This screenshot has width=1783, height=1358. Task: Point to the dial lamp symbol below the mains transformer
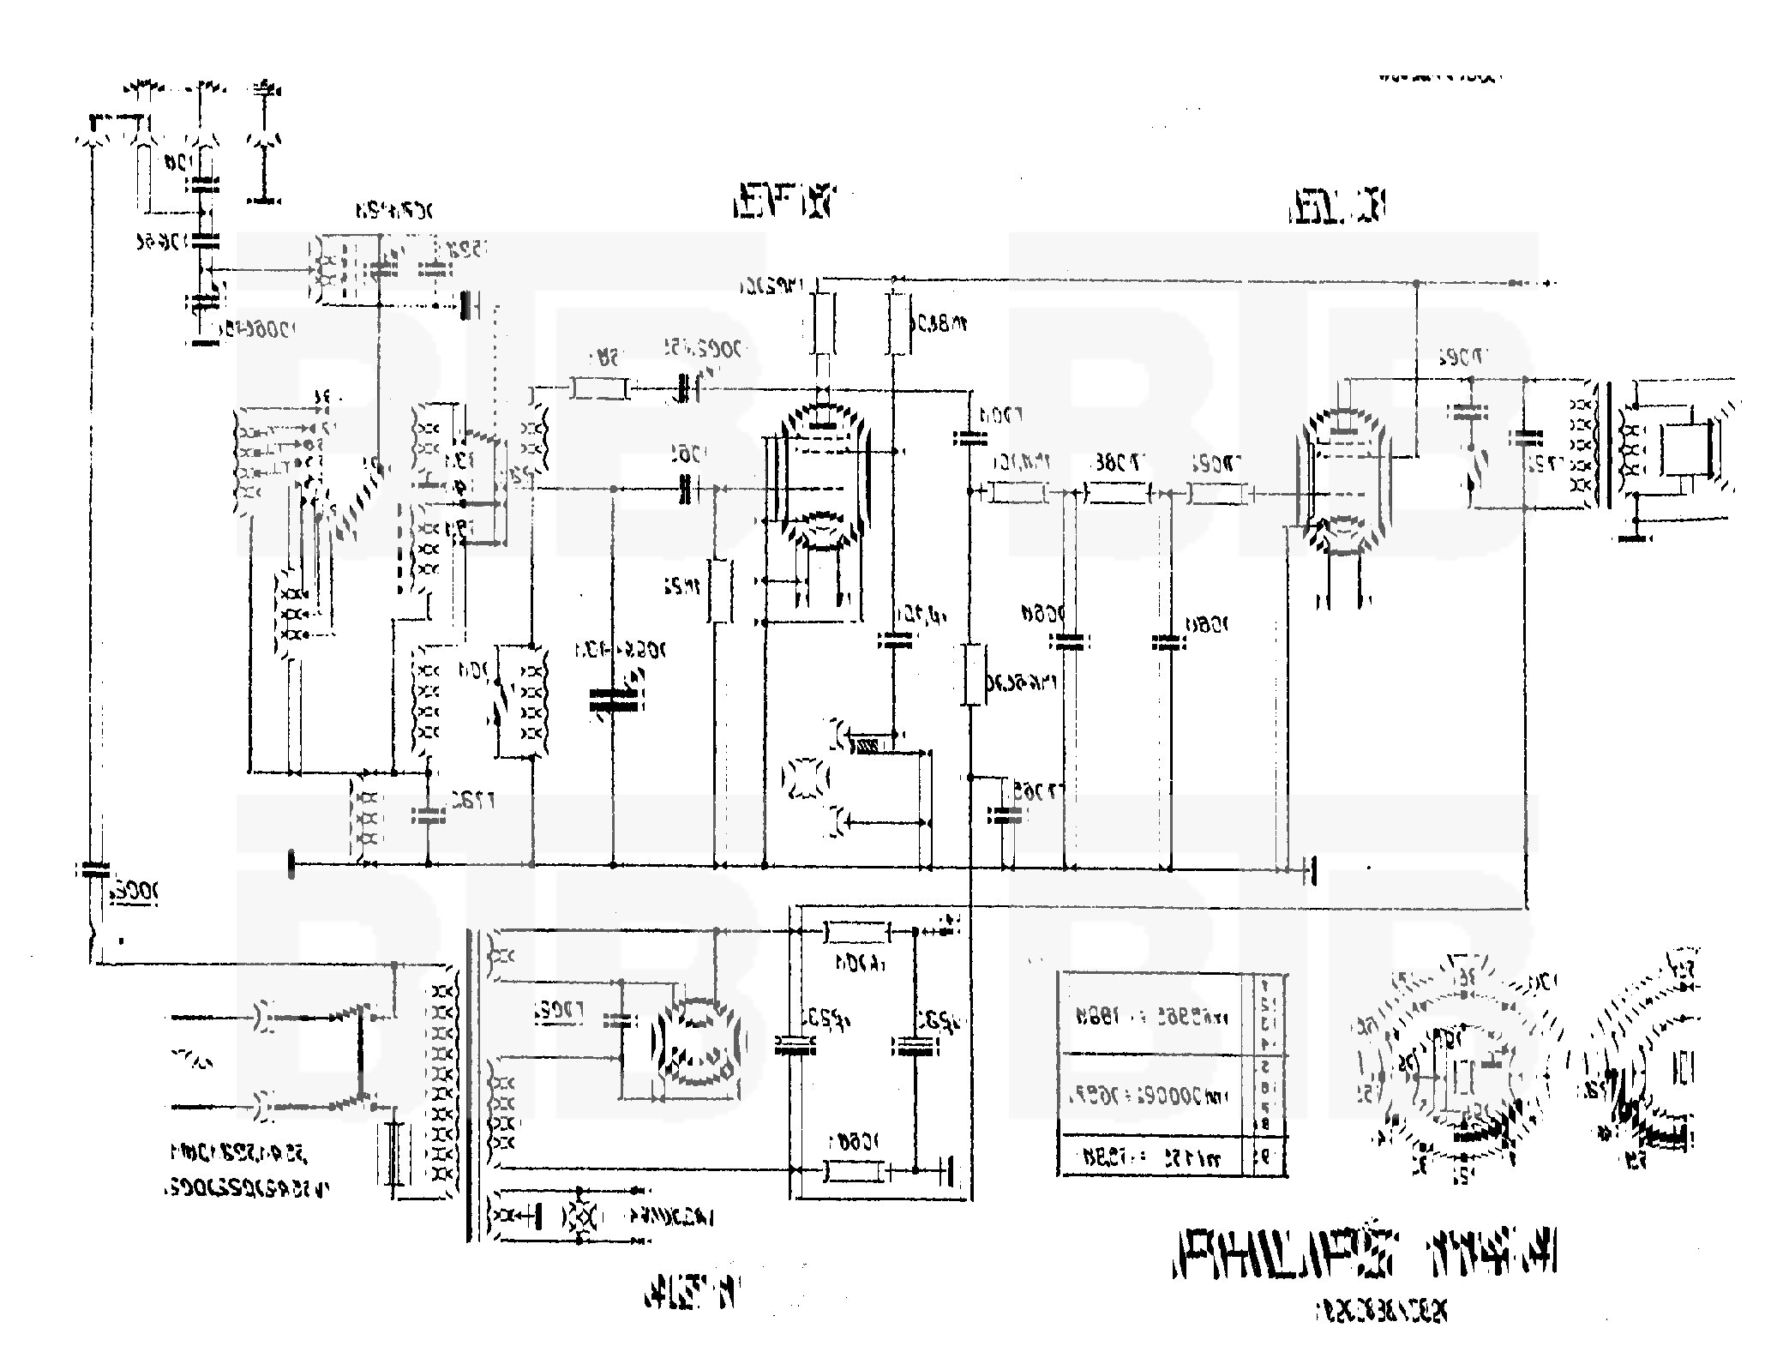coord(582,1215)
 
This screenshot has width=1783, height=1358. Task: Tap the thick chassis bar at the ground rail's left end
coord(292,865)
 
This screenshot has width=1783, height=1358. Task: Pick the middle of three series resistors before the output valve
coord(1116,493)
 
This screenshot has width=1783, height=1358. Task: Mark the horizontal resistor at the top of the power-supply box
coord(855,931)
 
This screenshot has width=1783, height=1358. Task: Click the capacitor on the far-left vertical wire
coord(91,869)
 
